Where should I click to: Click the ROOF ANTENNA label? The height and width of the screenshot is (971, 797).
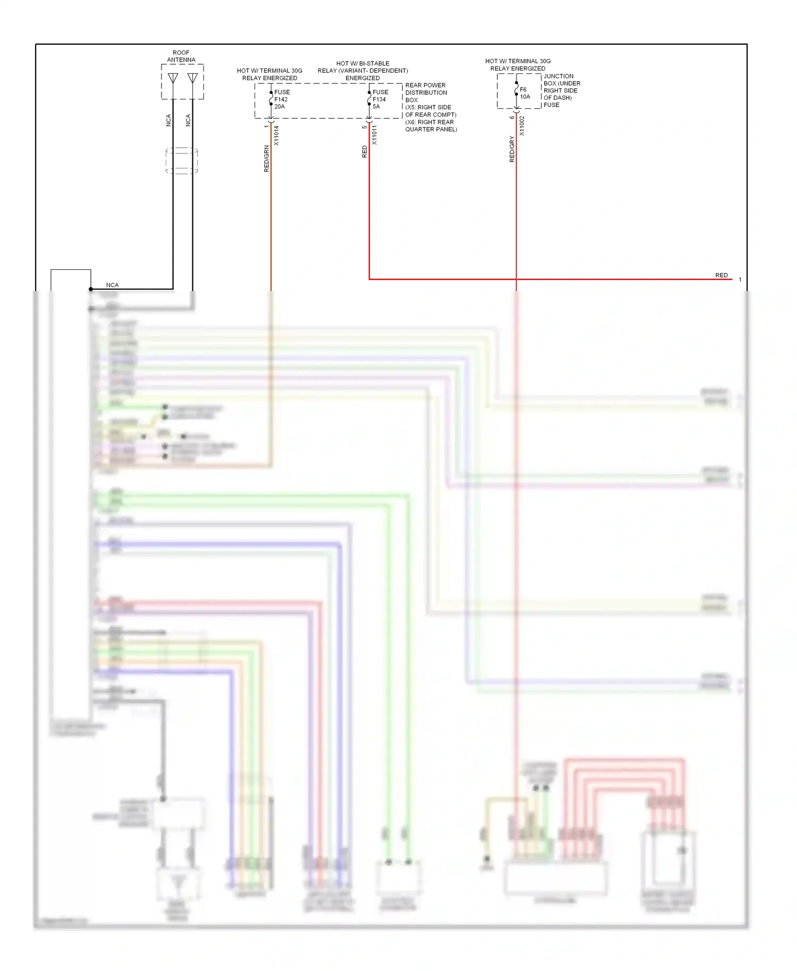181,56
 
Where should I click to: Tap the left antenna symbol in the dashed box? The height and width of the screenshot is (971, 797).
173,79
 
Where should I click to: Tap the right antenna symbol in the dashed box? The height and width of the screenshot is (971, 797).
192,79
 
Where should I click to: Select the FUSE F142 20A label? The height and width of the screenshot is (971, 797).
282,99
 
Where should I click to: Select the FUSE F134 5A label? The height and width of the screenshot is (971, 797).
380,99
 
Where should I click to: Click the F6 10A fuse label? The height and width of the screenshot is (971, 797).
524,93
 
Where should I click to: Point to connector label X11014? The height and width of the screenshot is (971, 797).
276,135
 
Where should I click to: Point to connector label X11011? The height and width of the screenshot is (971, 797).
375,135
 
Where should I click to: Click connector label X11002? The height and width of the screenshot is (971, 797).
522,126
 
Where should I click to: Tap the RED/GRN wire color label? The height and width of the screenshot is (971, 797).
267,159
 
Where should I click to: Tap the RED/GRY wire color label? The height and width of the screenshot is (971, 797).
512,149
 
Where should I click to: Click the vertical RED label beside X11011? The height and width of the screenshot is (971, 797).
364,152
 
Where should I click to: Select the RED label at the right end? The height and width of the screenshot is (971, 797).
721,275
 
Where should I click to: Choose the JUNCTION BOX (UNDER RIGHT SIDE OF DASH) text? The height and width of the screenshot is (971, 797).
562,90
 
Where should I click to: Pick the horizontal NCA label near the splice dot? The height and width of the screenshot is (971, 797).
112,285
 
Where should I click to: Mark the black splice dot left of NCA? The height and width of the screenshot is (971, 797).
91,289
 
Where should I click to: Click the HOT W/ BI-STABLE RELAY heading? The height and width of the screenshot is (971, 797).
363,71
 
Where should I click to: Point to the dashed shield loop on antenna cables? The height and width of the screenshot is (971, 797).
182,160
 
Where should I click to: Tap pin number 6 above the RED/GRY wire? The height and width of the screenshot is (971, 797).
512,117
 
